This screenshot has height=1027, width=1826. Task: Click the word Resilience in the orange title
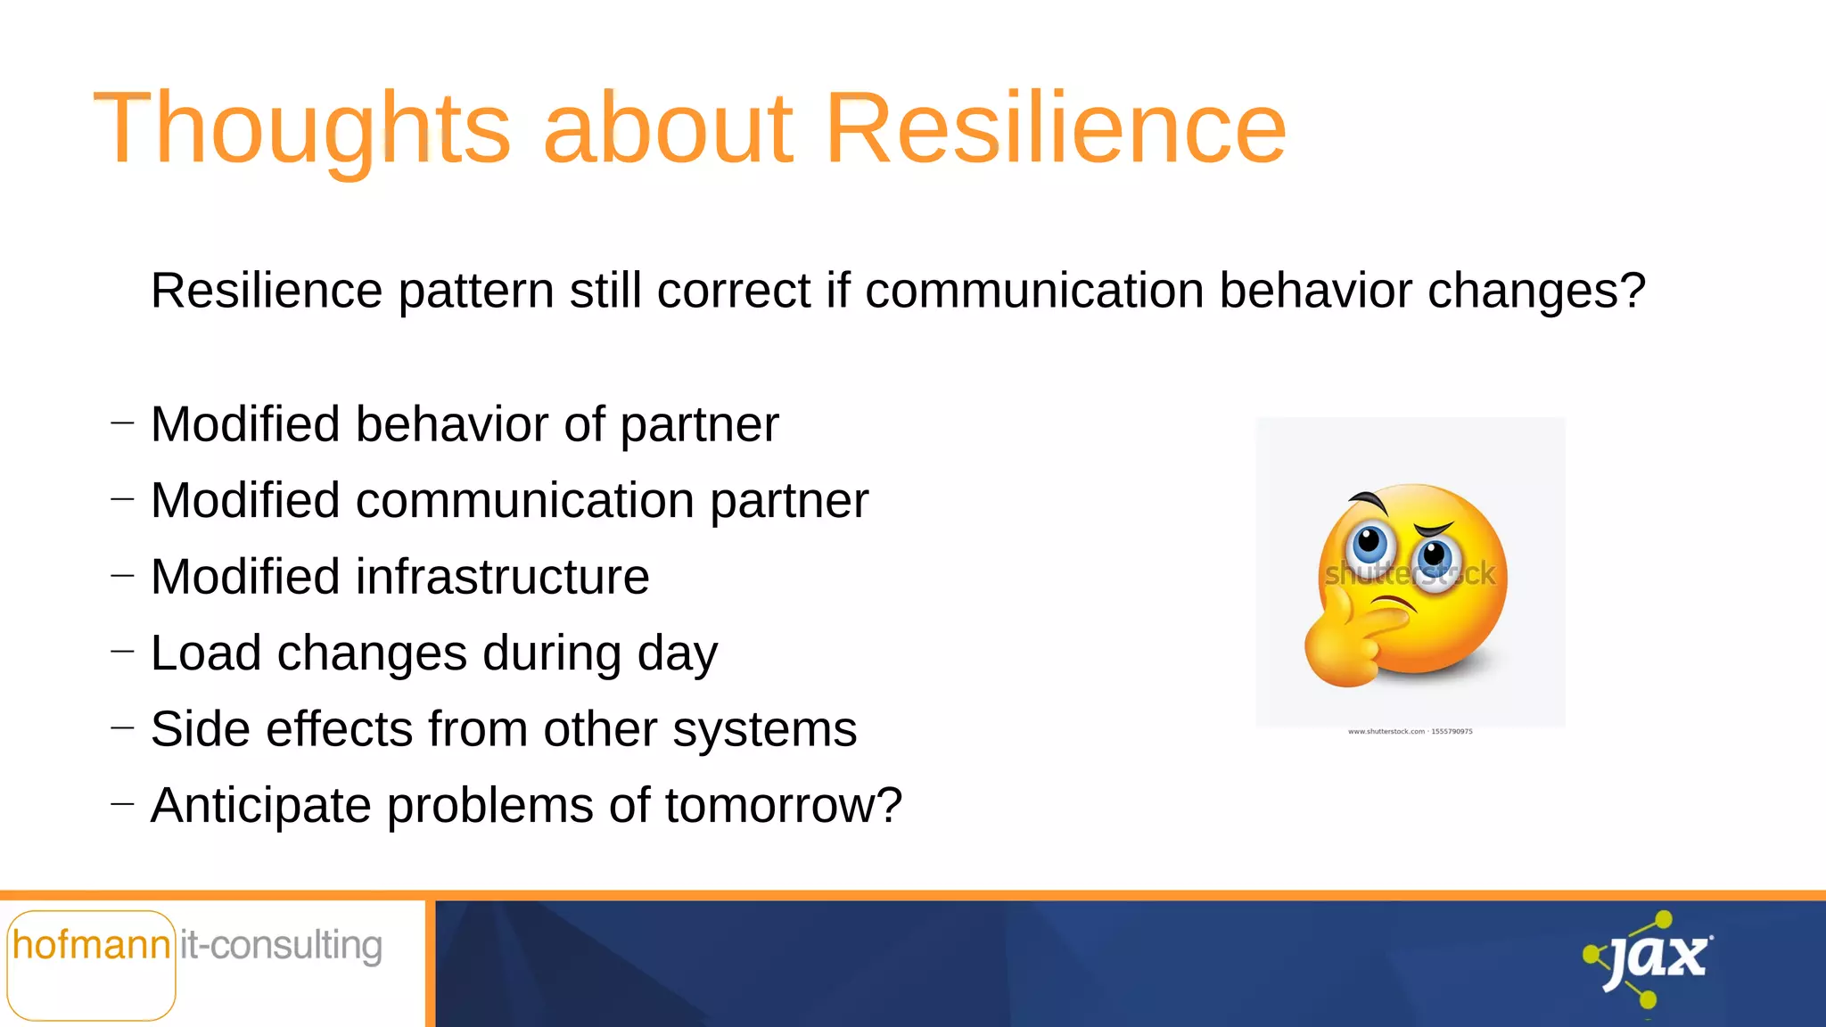pos(1056,129)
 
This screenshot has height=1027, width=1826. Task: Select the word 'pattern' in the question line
pos(476,292)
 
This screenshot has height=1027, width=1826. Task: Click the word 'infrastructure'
pos(503,577)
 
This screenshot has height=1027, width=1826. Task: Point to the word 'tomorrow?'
pos(784,806)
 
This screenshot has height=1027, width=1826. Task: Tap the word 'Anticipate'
pos(261,806)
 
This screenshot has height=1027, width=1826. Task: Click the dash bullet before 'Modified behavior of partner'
pos(123,423)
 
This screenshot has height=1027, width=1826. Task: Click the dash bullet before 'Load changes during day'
pos(123,653)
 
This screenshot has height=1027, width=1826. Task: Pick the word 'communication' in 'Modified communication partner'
pos(525,500)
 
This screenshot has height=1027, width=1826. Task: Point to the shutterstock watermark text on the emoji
pos(1410,575)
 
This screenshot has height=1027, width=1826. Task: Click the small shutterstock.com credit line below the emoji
pos(1410,732)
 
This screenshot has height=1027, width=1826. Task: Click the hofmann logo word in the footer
pos(91,946)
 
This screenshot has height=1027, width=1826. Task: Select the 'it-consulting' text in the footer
pos(282,946)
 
